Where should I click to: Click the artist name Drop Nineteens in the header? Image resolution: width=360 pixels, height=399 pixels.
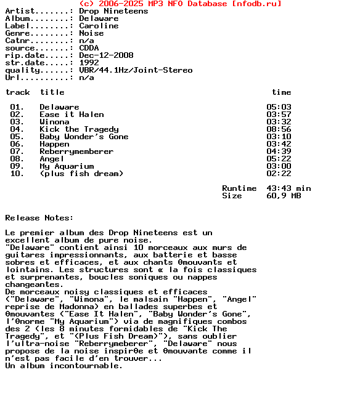pos(113,11)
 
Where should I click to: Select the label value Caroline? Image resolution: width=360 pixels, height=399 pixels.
pos(99,26)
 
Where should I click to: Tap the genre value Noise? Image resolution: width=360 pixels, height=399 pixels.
pos(91,33)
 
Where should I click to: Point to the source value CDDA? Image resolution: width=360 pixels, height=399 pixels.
pos(89,48)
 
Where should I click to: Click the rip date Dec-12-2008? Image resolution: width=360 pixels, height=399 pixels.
pos(106,55)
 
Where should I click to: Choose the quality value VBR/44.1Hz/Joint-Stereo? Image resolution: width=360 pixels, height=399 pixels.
pos(136,70)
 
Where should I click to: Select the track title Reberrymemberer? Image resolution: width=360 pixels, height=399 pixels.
pos(76,151)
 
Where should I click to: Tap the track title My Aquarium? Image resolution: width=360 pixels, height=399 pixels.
pos(67,166)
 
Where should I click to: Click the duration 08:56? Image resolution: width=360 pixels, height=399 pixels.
pos(279,129)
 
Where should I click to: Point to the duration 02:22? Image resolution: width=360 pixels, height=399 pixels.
pos(279,174)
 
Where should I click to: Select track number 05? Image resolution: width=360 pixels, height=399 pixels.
pos(17,137)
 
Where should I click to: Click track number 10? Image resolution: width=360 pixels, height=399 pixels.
pos(17,174)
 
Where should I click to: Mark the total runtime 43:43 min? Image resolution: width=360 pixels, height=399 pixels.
pos(288,188)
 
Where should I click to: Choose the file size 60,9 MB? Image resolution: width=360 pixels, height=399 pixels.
pos(284,196)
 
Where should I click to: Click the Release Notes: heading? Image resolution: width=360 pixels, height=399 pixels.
pos(39,218)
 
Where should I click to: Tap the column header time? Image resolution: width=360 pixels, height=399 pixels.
pos(281,92)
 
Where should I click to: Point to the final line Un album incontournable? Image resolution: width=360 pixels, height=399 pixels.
pos(64,366)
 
